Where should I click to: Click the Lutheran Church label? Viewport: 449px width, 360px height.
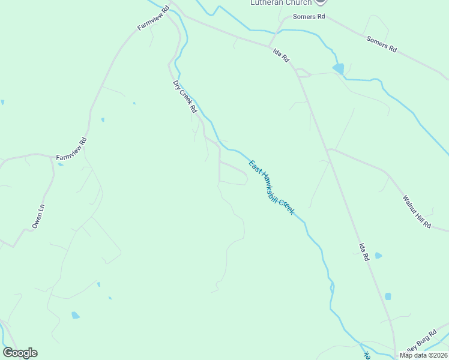tap(281, 3)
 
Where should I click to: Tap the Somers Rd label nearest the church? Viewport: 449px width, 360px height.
tap(309, 17)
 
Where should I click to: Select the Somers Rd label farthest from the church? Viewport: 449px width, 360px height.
tap(382, 43)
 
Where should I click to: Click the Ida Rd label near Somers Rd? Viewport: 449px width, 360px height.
tap(282, 56)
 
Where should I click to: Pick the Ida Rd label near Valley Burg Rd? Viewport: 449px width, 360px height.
tap(364, 251)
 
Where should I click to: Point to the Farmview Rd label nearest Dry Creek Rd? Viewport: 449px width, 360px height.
tap(154, 19)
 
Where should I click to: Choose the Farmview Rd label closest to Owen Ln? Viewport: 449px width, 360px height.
tap(72, 149)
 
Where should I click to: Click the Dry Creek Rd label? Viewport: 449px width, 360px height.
tap(185, 97)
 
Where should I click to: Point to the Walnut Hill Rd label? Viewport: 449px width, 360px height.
tap(417, 211)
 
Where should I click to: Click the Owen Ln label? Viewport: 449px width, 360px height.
tap(38, 217)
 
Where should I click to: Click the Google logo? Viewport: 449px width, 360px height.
tap(20, 353)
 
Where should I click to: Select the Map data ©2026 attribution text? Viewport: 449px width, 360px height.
tap(423, 355)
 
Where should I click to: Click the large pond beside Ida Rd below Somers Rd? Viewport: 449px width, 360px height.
tap(339, 69)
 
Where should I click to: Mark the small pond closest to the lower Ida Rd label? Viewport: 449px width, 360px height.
tap(378, 256)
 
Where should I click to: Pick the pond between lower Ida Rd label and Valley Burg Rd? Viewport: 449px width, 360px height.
tap(388, 296)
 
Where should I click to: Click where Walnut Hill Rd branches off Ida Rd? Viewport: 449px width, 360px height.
tap(328, 149)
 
